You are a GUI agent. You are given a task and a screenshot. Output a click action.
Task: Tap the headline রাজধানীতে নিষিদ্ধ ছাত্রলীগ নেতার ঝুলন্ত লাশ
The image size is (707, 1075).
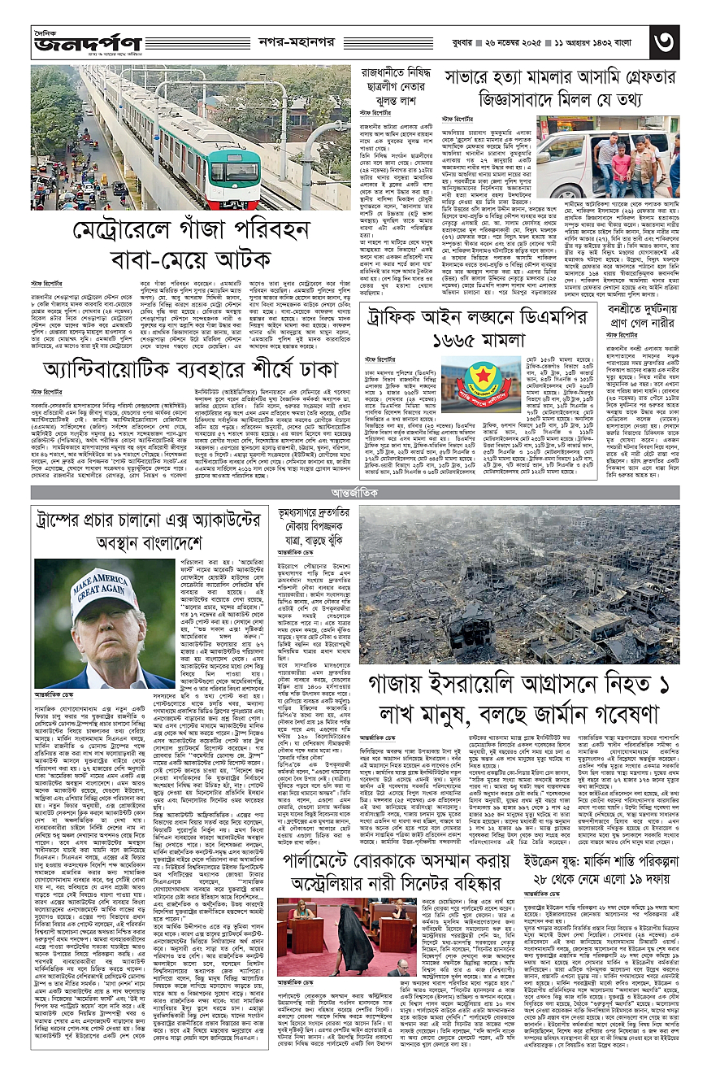(x=396, y=86)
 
